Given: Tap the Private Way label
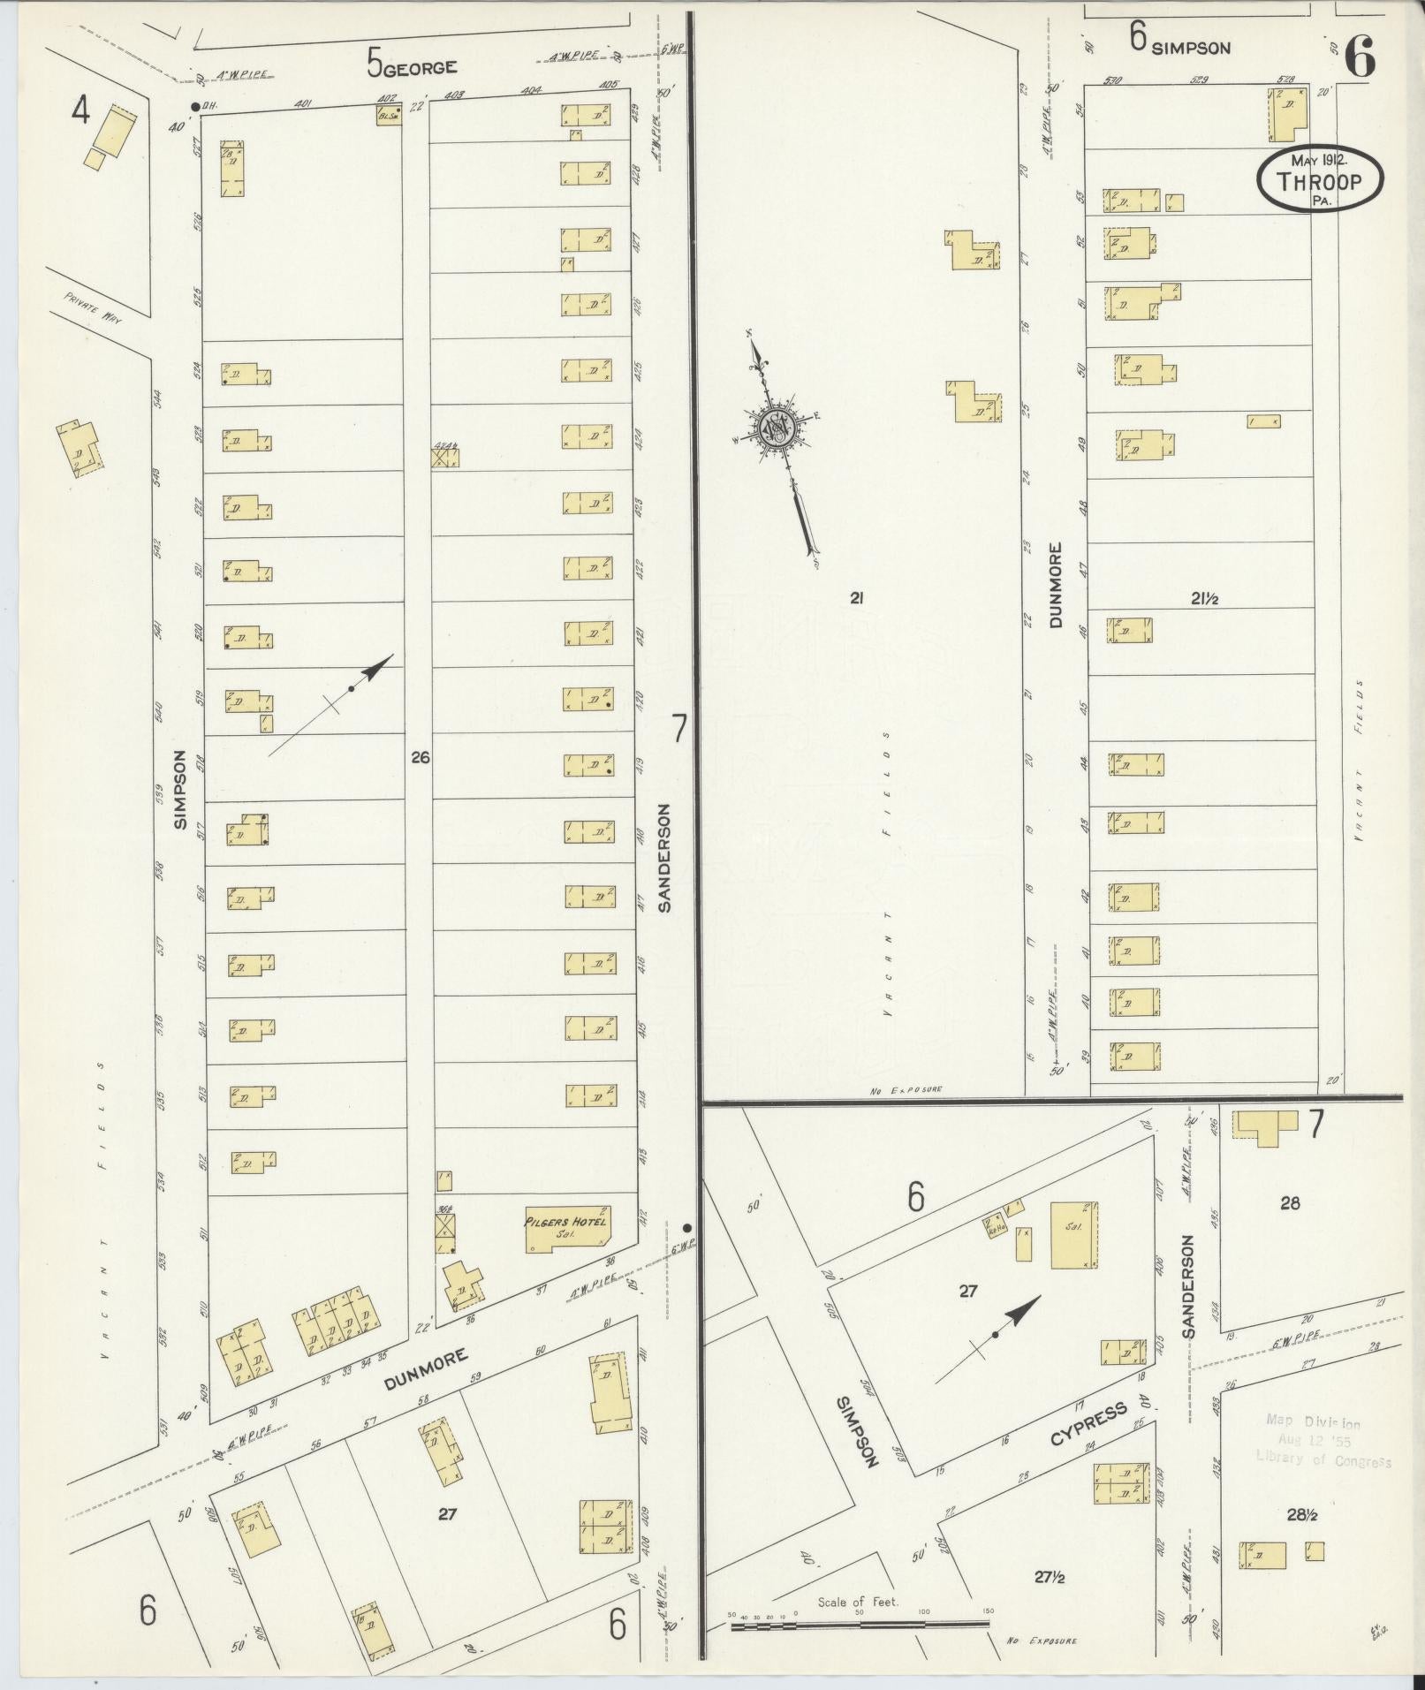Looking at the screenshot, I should (x=92, y=309).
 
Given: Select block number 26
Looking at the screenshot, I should (x=420, y=757).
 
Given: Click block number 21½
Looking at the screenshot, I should (x=1204, y=599).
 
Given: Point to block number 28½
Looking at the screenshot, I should (x=1301, y=1515).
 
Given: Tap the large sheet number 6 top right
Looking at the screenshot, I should (x=1360, y=57).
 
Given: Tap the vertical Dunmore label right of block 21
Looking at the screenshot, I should (x=1056, y=585).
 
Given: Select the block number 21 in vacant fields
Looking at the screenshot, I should (x=855, y=599).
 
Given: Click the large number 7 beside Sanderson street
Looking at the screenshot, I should (x=678, y=729).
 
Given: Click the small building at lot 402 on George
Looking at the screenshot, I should (x=388, y=115).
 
